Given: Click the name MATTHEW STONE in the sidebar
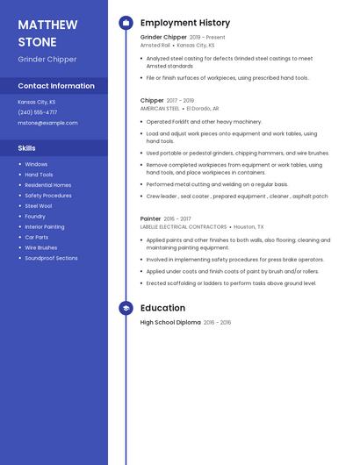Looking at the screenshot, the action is (47, 33).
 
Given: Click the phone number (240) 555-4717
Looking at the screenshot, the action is (38, 112).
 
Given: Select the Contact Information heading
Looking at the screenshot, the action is (56, 86).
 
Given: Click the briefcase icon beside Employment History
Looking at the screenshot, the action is (126, 23).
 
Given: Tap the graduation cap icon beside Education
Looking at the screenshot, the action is (126, 308).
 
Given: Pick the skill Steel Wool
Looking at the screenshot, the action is (39, 205).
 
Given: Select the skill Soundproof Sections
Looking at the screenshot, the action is (51, 258).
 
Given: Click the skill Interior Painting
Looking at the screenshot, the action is (44, 226).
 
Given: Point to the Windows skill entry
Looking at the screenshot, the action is (36, 164).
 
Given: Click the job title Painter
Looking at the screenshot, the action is (151, 218).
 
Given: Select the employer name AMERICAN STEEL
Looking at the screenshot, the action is (160, 108).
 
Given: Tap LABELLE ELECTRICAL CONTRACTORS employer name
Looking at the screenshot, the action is (184, 226).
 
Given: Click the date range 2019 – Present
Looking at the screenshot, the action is (207, 38).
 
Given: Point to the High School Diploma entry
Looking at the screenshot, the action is (170, 323).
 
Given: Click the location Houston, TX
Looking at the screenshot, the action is (248, 226).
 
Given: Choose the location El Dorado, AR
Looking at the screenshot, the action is (203, 108).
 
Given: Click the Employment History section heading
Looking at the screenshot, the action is (185, 23).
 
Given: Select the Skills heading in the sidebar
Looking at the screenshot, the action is (26, 148).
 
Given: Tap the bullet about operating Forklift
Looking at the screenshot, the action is (204, 122).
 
